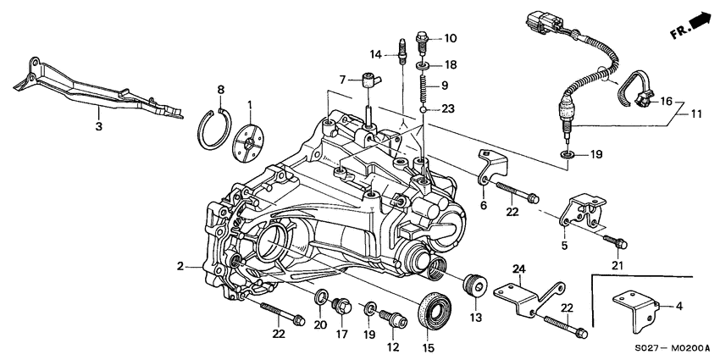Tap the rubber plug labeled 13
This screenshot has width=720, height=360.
(473, 286)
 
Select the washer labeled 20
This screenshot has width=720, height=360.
(322, 297)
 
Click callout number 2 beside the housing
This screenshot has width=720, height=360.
(180, 266)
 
